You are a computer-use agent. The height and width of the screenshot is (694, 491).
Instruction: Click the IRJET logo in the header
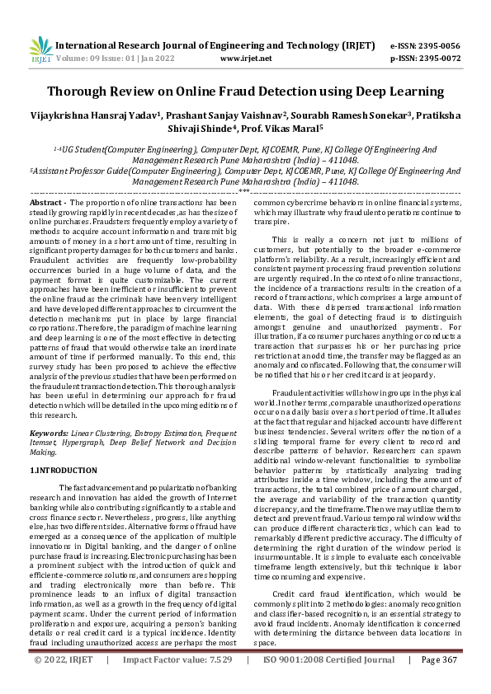tap(38, 49)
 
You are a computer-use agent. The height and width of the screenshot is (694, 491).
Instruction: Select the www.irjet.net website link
tap(247, 59)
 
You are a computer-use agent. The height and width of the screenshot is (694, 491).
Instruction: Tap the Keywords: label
tap(50, 433)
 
